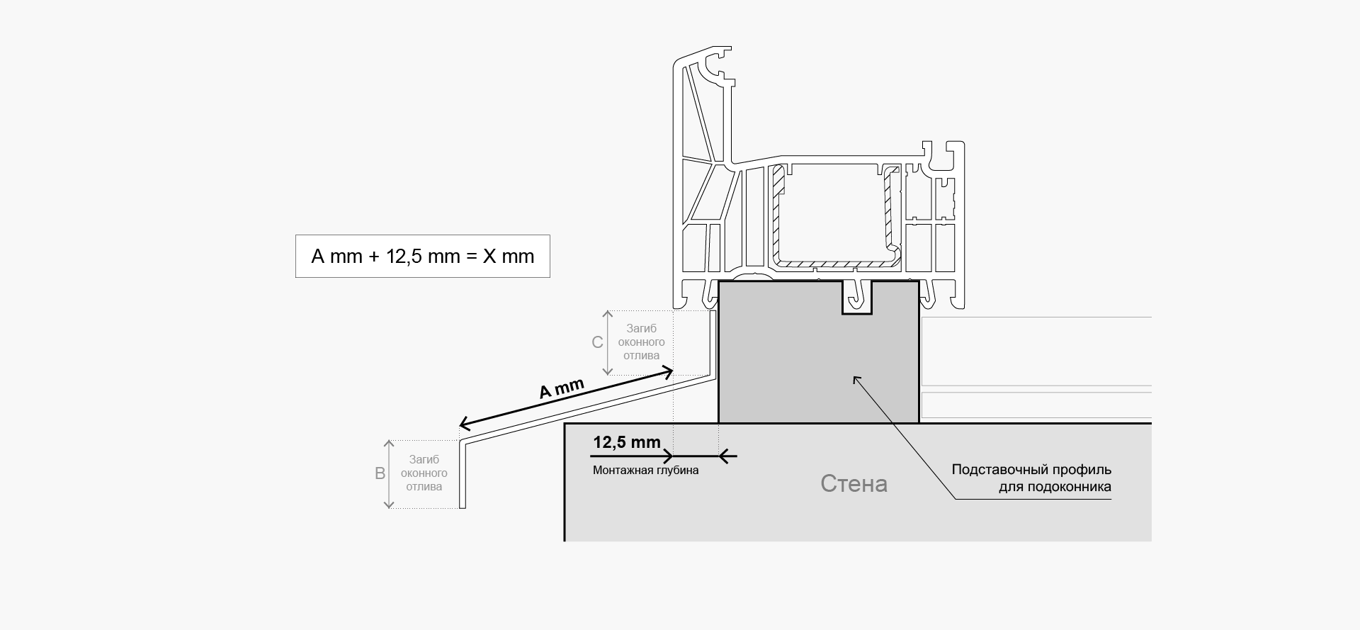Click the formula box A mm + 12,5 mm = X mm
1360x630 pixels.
pos(422,256)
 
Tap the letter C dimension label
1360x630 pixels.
pos(597,342)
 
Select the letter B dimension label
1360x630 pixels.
pos(380,473)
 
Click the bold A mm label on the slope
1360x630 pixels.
pos(561,388)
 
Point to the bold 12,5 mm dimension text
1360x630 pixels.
pos(627,442)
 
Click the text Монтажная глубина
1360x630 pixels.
pos(645,470)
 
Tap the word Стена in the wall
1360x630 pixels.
pos(854,483)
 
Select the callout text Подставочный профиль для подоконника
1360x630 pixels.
pos(1031,478)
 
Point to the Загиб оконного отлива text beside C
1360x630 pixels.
pos(641,342)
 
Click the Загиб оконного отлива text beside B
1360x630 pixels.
pos(424,473)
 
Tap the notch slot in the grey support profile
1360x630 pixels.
pos(857,298)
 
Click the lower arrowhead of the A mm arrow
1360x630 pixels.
pos(466,423)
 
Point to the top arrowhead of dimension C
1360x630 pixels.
pos(607,314)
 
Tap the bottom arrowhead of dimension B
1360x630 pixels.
pos(388,504)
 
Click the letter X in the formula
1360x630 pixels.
pos(489,256)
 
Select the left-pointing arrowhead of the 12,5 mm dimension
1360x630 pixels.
pos(725,456)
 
